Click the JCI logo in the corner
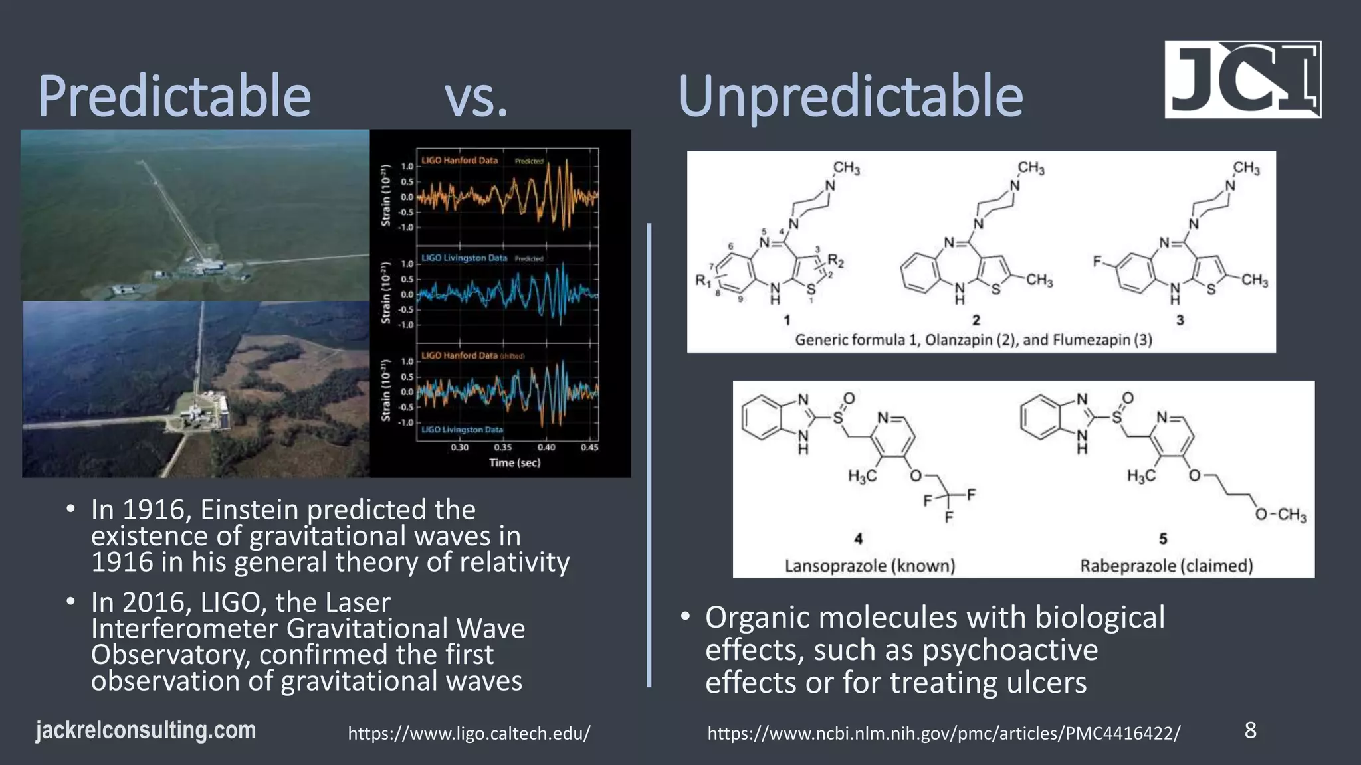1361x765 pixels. pyautogui.click(x=1242, y=80)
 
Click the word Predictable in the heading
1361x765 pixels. pyautogui.click(x=174, y=97)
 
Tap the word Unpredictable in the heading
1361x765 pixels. pyautogui.click(x=850, y=97)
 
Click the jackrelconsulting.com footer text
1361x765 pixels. pyautogui.click(x=146, y=730)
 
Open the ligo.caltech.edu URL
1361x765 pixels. pyautogui.click(x=469, y=734)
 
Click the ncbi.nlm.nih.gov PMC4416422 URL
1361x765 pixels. pyautogui.click(x=944, y=734)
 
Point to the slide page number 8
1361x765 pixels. pyautogui.click(x=1250, y=730)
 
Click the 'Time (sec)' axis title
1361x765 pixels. pyautogui.click(x=514, y=463)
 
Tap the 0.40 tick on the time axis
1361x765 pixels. pyautogui.click(x=546, y=448)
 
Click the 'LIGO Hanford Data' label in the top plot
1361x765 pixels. pyautogui.click(x=459, y=161)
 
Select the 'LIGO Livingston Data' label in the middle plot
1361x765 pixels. pyautogui.click(x=464, y=258)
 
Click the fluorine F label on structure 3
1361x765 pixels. pyautogui.click(x=1097, y=262)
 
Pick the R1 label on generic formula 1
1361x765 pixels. pyautogui.click(x=702, y=280)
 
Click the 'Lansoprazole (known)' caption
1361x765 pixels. pyautogui.click(x=869, y=566)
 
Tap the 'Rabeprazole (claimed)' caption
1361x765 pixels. pyautogui.click(x=1166, y=566)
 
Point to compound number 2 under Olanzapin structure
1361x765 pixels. pyautogui.click(x=976, y=321)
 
